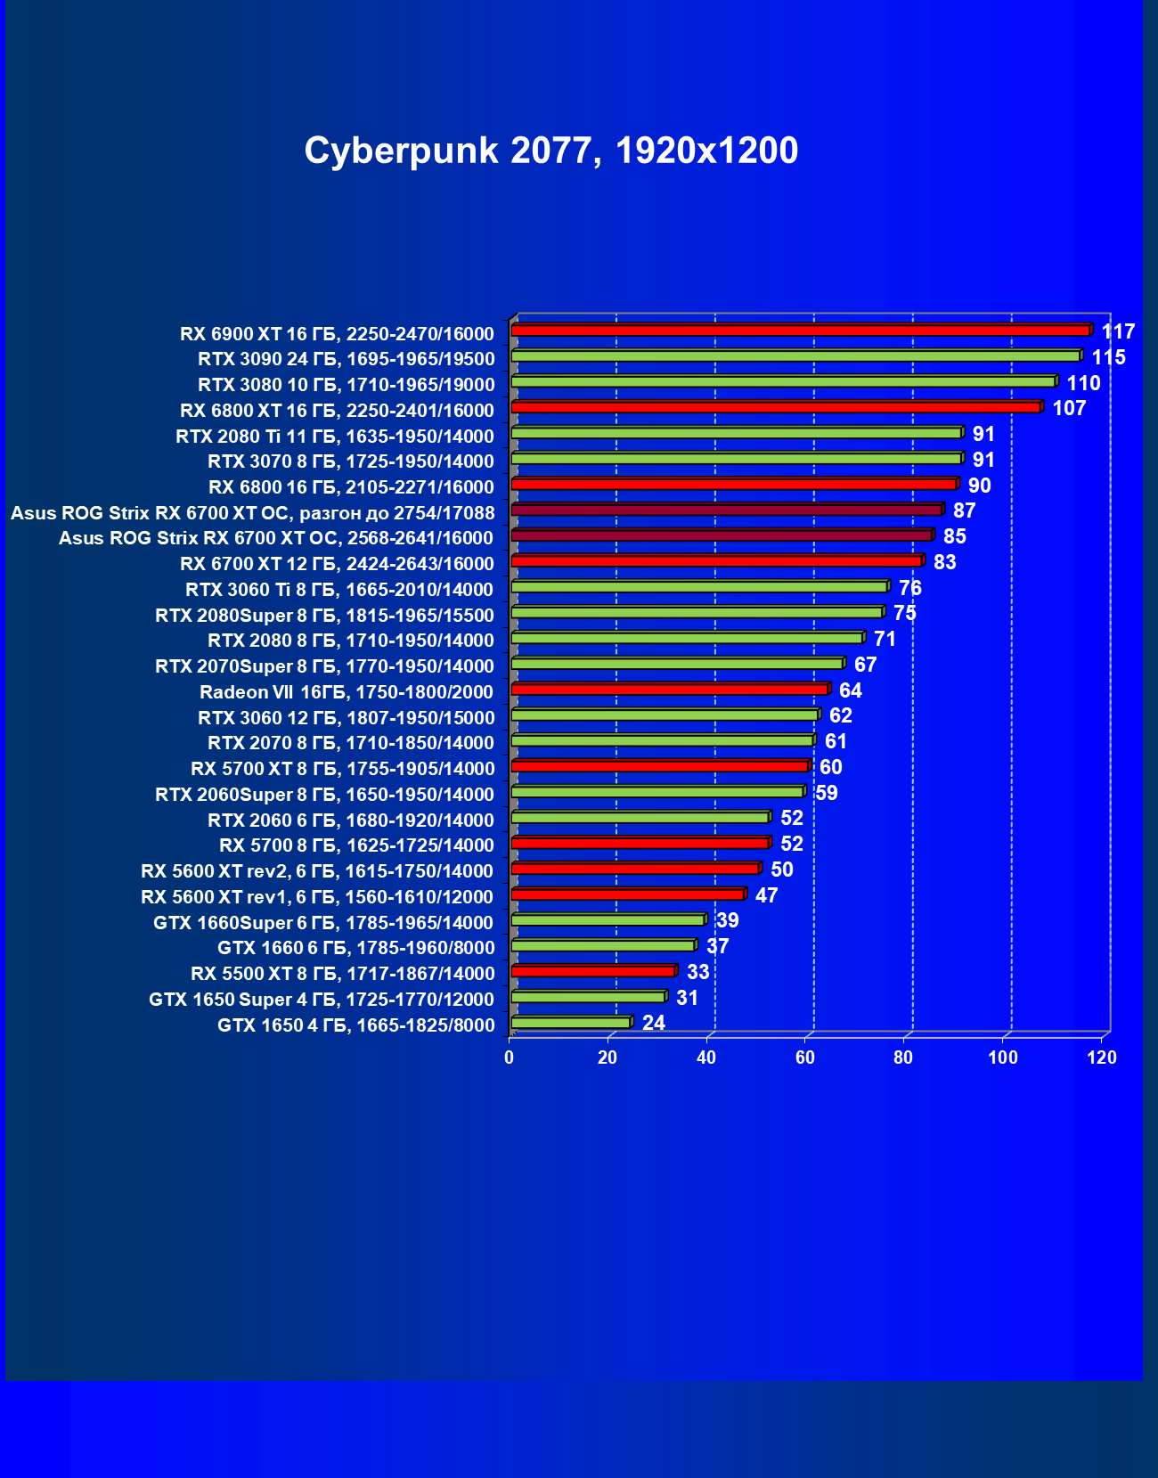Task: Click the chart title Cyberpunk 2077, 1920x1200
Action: pyautogui.click(x=550, y=151)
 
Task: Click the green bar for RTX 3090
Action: pyautogui.click(x=795, y=356)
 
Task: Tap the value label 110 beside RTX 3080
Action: pyautogui.click(x=1083, y=383)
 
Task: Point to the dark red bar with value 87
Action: pyautogui.click(x=726, y=510)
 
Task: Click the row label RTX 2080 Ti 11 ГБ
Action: pyautogui.click(x=335, y=437)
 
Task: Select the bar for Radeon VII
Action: pyautogui.click(x=670, y=690)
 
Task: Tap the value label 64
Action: pyautogui.click(x=850, y=690)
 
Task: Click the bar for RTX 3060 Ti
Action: pyautogui.click(x=699, y=587)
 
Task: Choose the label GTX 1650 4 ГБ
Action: pyautogui.click(x=355, y=1025)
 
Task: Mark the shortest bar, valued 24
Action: pyautogui.click(x=571, y=1023)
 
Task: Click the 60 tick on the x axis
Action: pyautogui.click(x=805, y=1057)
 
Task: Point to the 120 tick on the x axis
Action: pyautogui.click(x=1102, y=1057)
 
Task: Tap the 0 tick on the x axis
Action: pyautogui.click(x=510, y=1057)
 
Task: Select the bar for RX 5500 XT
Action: pyautogui.click(x=593, y=971)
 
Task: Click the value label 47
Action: pyautogui.click(x=766, y=895)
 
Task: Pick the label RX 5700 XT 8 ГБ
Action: pyautogui.click(x=342, y=769)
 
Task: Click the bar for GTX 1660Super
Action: pyautogui.click(x=608, y=920)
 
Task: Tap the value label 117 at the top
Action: pyautogui.click(x=1118, y=332)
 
